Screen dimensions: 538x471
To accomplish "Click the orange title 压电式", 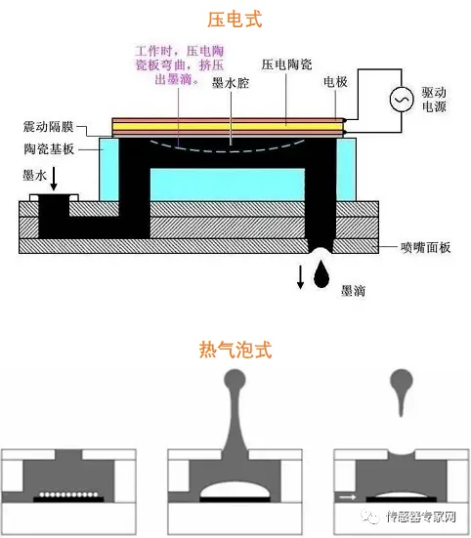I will pyautogui.click(x=235, y=19).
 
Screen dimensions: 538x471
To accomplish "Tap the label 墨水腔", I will pyautogui.click(x=232, y=85).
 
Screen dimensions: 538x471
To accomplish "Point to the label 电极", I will pyautogui.click(x=335, y=85).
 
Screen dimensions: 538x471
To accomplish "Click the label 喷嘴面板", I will pyautogui.click(x=426, y=249).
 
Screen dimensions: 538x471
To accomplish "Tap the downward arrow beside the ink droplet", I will pyautogui.click(x=300, y=277).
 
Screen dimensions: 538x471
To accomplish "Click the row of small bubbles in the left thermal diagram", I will pyautogui.click(x=67, y=495).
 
